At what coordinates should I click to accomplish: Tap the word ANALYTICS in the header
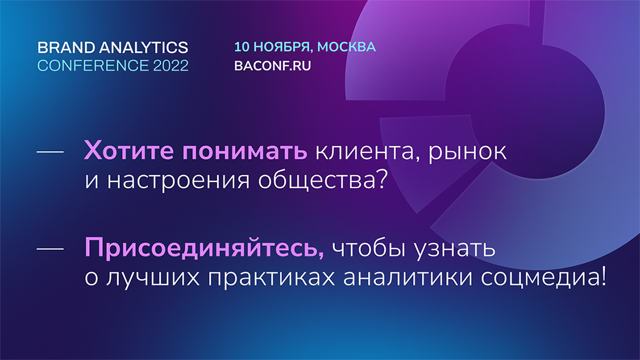point(144,47)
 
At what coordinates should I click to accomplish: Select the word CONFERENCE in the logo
point(93,65)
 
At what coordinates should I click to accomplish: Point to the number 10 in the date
point(242,47)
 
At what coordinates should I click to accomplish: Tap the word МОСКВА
point(346,47)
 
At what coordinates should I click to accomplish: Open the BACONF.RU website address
point(272,66)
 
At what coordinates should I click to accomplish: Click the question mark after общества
point(381,179)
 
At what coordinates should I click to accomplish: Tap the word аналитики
point(408,277)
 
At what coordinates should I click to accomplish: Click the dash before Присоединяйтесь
point(50,249)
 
